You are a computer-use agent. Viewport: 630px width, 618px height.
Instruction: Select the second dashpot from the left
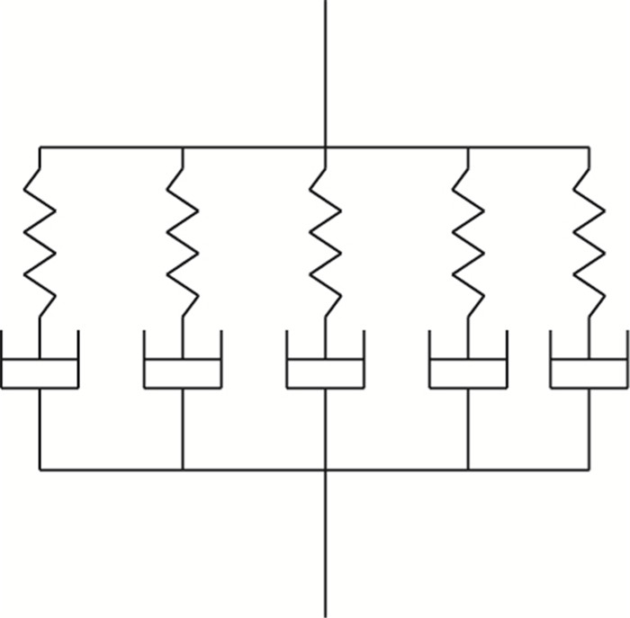[183, 369]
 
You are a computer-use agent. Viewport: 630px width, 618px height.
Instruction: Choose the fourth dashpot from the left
[468, 369]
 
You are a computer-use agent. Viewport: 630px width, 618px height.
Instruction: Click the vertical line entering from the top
[325, 72]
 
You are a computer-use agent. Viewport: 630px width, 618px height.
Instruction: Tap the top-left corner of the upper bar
[40, 148]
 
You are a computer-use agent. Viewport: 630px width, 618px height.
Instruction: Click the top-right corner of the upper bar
[589, 148]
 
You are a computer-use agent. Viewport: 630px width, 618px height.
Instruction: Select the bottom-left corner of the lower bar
[40, 469]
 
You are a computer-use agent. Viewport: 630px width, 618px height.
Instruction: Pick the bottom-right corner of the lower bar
[589, 469]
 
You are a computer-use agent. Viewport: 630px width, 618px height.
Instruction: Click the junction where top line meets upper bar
[325, 148]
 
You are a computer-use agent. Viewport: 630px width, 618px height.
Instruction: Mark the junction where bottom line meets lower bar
[325, 469]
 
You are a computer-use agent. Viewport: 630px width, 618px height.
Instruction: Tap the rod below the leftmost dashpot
[40, 429]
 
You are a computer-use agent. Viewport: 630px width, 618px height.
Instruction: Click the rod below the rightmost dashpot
[589, 429]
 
